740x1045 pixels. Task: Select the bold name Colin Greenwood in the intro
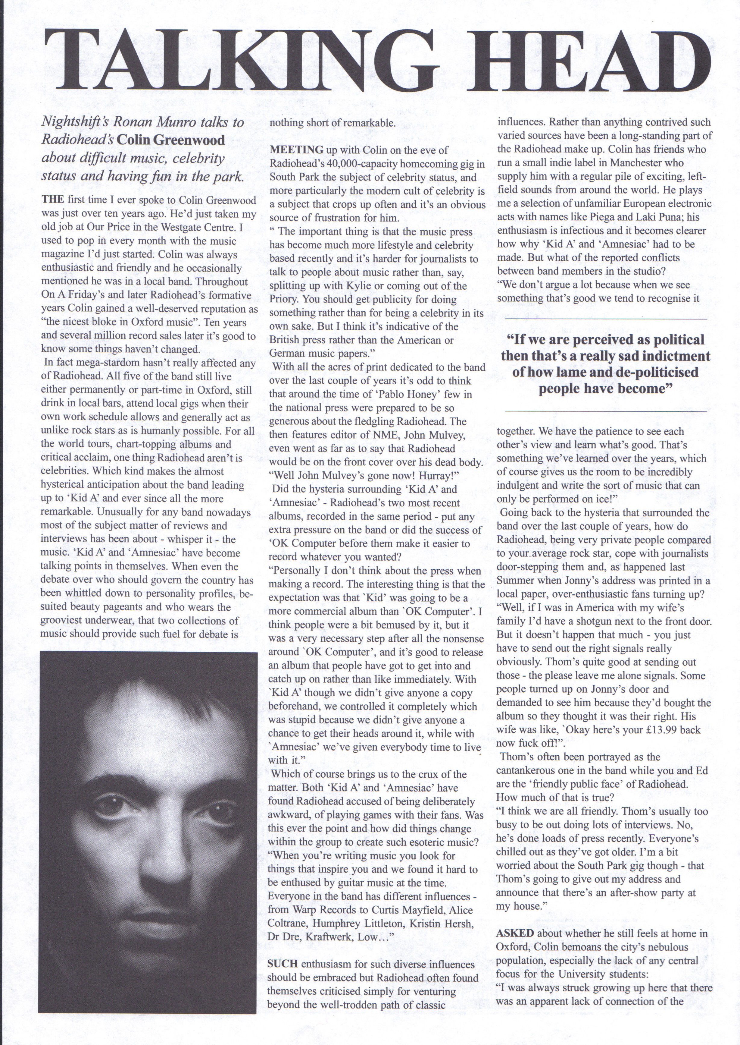(171, 140)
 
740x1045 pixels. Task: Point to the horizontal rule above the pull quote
(606, 319)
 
